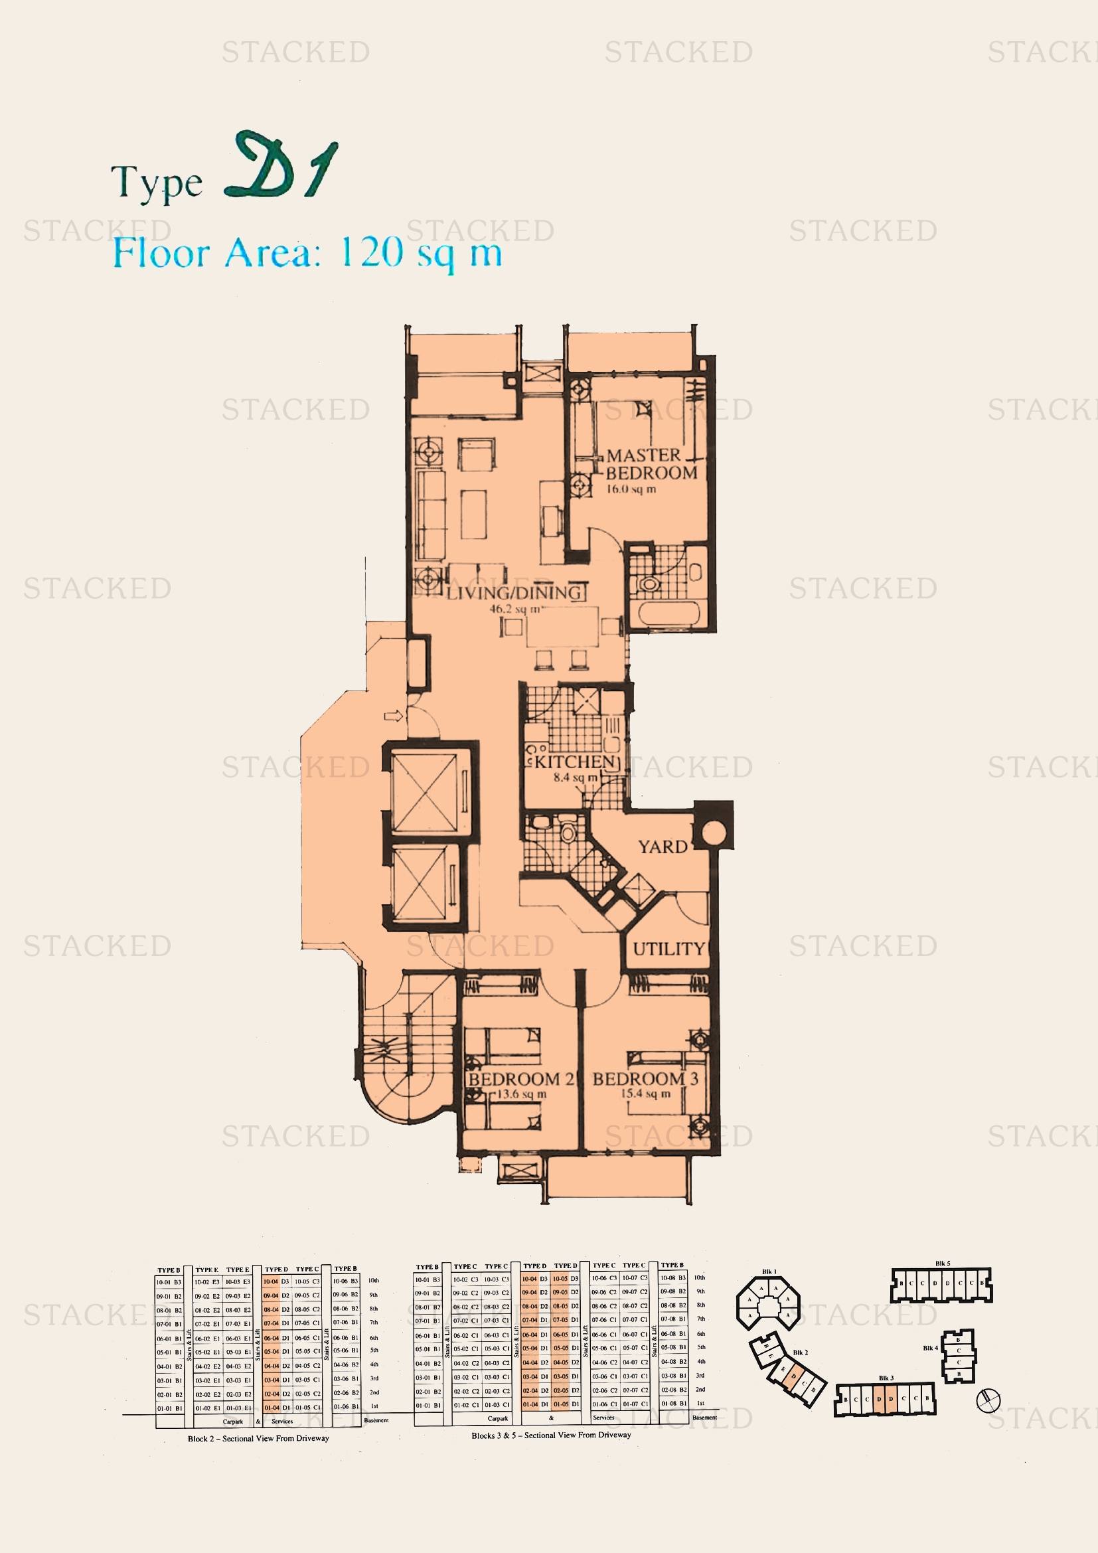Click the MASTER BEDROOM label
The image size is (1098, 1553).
coord(651,464)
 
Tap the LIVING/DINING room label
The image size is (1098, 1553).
coord(514,593)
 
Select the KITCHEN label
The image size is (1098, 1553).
coord(575,762)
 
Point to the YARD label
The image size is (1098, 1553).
coord(663,847)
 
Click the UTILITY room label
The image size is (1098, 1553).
coord(668,949)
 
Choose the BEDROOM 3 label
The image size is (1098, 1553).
coord(645,1079)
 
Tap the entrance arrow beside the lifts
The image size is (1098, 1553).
coord(394,716)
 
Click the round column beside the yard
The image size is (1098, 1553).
coord(712,832)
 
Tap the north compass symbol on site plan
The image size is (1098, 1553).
coord(988,1401)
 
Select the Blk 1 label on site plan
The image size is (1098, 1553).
coord(769,1271)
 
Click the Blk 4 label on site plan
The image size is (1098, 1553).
coord(930,1348)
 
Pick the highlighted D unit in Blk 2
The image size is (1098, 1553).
coord(794,1376)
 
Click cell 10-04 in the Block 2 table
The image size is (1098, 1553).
coord(270,1281)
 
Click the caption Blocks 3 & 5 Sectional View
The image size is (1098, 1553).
coord(551,1435)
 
